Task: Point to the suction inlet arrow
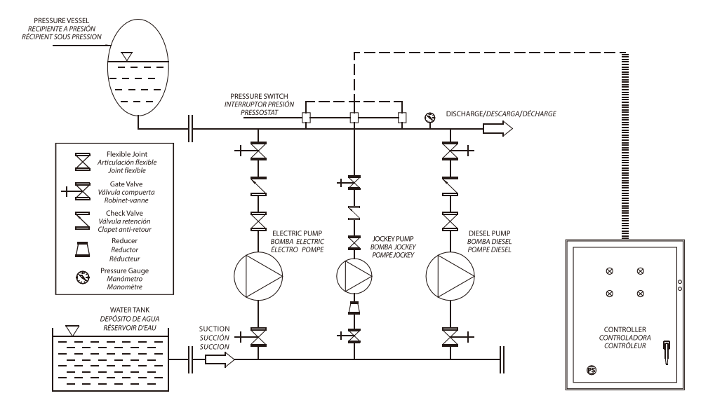(x=218, y=359)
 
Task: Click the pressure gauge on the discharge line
(x=429, y=118)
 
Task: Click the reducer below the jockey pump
(x=354, y=306)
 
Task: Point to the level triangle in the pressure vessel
(x=126, y=54)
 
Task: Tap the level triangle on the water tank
(x=70, y=329)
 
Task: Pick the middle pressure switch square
(x=354, y=118)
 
